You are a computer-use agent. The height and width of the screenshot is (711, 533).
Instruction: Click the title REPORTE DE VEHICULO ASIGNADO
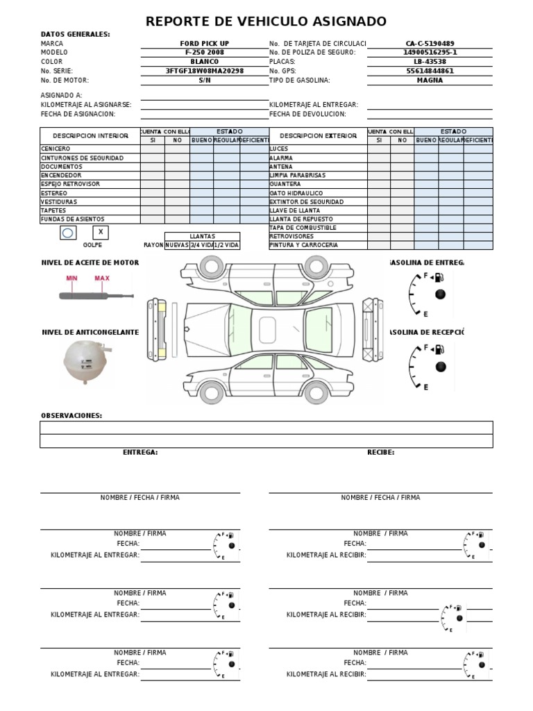click(266, 22)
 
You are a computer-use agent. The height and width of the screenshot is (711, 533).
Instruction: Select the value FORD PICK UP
click(204, 43)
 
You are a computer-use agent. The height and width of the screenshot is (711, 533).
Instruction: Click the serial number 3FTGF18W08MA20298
click(204, 71)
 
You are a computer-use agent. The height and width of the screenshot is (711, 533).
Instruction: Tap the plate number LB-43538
click(430, 61)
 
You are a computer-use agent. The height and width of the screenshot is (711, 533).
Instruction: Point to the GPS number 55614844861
click(430, 71)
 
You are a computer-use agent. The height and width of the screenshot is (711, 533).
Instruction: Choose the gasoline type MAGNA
click(430, 80)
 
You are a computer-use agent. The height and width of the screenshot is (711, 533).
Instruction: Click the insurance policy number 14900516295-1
click(430, 52)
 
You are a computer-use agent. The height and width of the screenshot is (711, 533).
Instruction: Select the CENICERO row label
click(56, 149)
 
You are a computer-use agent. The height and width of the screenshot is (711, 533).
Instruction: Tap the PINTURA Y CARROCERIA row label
click(303, 245)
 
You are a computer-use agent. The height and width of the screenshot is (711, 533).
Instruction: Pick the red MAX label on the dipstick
click(102, 279)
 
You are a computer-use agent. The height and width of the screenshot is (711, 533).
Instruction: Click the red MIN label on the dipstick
click(72, 279)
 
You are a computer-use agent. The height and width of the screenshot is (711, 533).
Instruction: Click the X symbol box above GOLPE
click(101, 233)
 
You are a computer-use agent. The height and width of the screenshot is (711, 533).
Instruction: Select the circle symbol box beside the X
click(67, 233)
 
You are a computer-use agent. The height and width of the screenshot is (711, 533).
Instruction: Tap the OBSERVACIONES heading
click(71, 415)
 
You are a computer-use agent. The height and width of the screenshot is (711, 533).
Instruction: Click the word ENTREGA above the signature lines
click(140, 452)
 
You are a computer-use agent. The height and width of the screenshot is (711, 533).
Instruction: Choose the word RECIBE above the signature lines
click(380, 452)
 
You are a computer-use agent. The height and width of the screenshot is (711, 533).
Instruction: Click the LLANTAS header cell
click(202, 236)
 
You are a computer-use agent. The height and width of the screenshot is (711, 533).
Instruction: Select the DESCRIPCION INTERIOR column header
click(90, 136)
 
